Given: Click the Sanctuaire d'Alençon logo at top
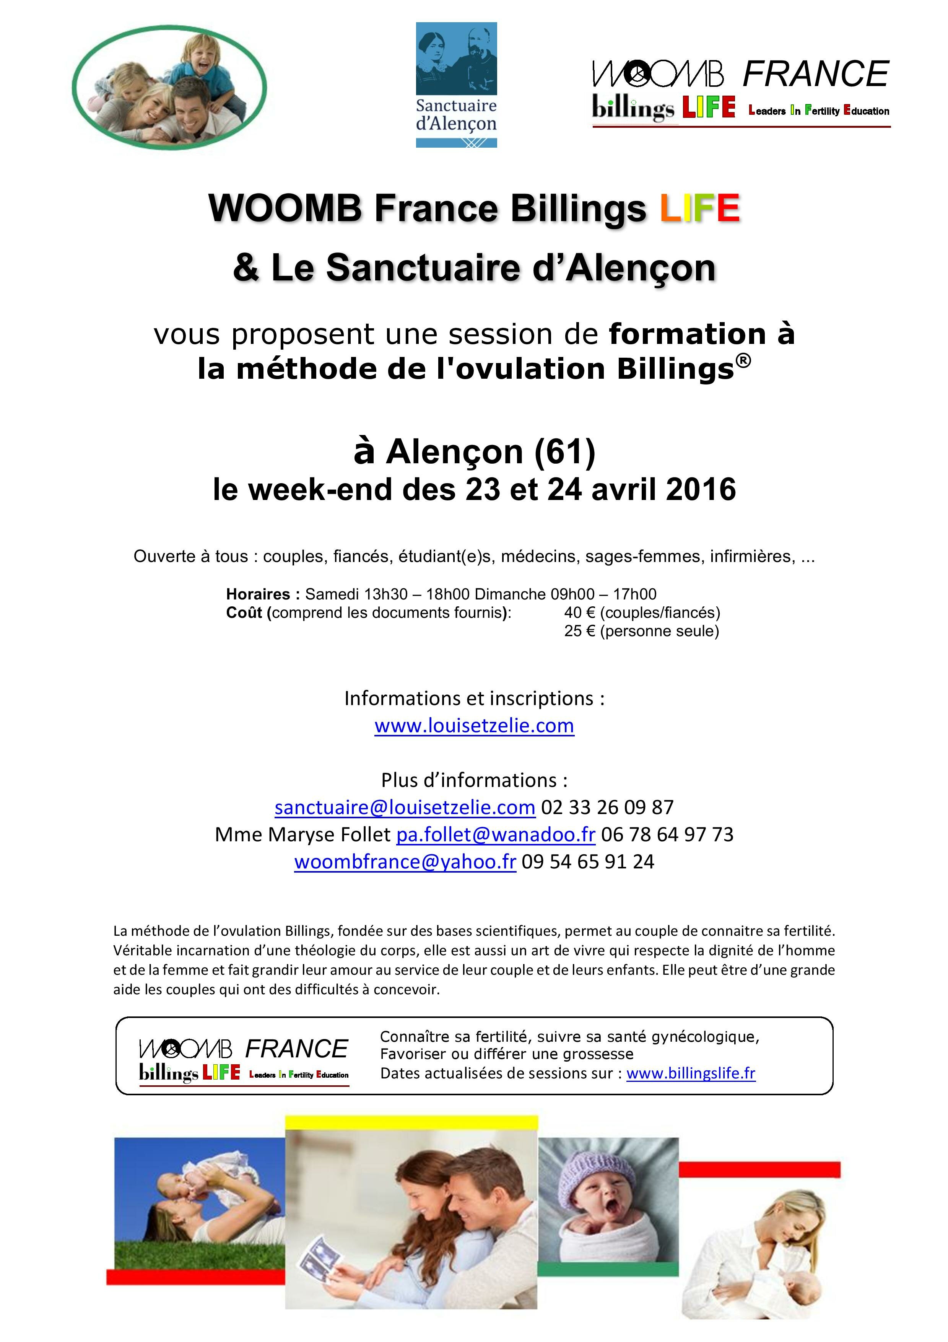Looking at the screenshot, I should [x=456, y=85].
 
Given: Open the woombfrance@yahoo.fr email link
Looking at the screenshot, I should [x=405, y=862].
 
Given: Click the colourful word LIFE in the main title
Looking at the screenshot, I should [x=700, y=208].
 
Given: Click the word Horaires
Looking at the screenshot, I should [x=258, y=594].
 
